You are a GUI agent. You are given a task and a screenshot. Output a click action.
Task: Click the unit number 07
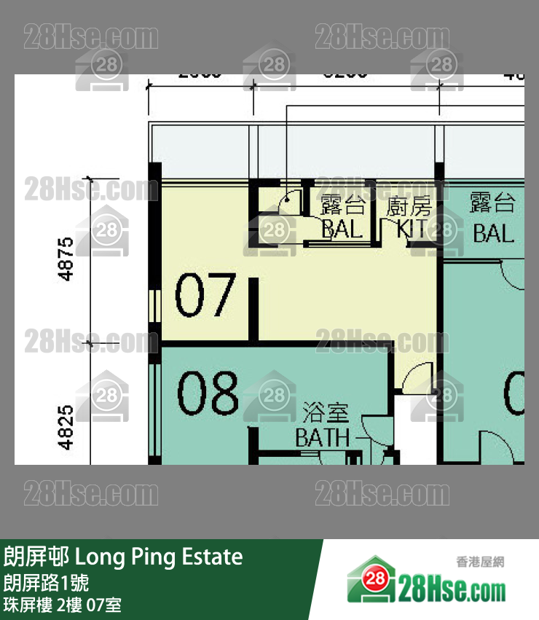point(205,296)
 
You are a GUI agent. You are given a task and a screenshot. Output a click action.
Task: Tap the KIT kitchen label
point(414,229)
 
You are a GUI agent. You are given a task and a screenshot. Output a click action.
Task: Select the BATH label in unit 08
point(322,438)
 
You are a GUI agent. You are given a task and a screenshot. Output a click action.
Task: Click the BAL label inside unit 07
point(342,229)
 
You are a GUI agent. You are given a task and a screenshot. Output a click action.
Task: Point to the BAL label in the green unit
point(493,233)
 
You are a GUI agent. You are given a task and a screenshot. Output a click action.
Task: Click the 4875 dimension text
point(66,259)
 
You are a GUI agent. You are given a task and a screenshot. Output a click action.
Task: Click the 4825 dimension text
point(66,427)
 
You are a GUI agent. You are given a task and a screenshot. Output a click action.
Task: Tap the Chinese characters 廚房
point(409,206)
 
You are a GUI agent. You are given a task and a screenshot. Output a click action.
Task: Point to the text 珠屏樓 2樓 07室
point(63,605)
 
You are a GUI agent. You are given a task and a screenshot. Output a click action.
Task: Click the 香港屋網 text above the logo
point(480,562)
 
